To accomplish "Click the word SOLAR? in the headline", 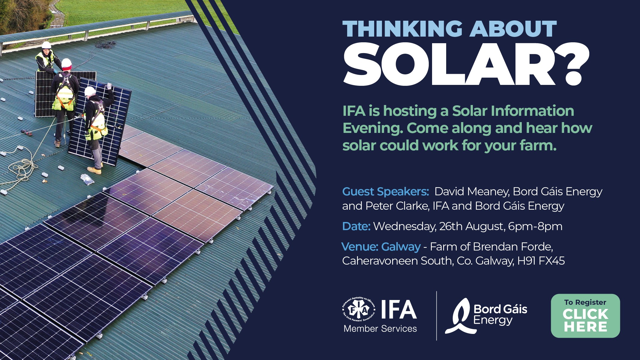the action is click(466, 64).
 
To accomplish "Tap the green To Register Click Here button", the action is click(585, 316).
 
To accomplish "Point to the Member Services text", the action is click(380, 328).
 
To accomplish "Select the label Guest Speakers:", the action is click(386, 191).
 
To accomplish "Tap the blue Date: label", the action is click(356, 226).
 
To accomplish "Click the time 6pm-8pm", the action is click(535, 226).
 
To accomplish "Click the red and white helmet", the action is click(66, 64).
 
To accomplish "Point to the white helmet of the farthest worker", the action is click(46, 45).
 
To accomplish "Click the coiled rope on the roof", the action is click(21, 166).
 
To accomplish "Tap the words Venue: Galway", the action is click(381, 247).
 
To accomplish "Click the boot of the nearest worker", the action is click(94, 170).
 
